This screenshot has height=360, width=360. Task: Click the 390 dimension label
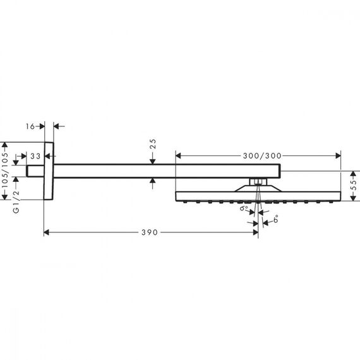pos(150,232)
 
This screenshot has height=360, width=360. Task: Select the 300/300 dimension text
pos(262,156)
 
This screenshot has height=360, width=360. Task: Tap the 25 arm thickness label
pos(153,144)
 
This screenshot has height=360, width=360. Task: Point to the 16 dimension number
pos(30,126)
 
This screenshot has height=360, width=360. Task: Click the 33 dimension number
pos(35,157)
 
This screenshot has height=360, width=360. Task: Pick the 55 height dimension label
pos(355,186)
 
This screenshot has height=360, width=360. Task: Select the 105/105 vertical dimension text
pos(5,170)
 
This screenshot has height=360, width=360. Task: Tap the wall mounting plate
pos(49,171)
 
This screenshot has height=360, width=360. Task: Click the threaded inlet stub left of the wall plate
pos(35,171)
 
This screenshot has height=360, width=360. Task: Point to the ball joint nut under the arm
pos(258,182)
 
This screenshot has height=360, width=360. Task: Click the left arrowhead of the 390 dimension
pos(46,232)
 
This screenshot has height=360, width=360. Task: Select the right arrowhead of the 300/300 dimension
pos(338,156)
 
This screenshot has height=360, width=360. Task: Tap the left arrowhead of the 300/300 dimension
pos(178,156)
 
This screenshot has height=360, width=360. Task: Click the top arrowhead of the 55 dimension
pos(353,174)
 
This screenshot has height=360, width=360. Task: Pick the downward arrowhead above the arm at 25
pos(153,162)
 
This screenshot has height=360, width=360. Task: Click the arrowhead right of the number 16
pos(42,126)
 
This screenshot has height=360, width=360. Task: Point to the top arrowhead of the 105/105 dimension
pos(5,145)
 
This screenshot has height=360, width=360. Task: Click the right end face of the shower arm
pos(280,171)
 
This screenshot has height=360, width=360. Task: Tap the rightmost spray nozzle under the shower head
pos(330,202)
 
